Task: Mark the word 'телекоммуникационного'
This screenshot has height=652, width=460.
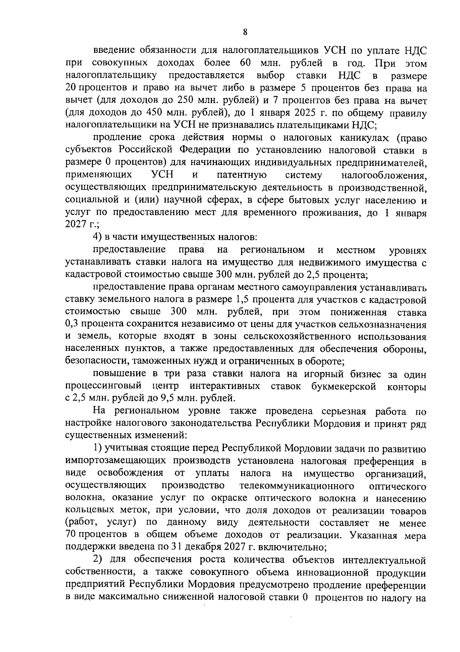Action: point(296,486)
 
